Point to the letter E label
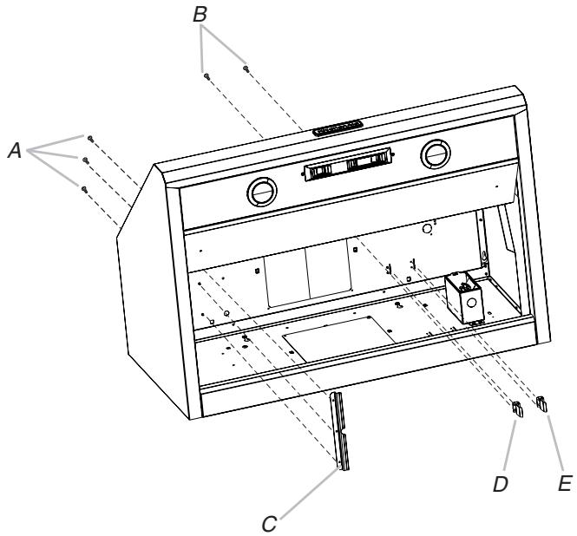click(x=565, y=481)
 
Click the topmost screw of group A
click(x=89, y=138)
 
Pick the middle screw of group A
click(x=85, y=160)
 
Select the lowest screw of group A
click(x=83, y=187)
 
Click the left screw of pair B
click(x=207, y=76)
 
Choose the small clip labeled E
click(x=543, y=402)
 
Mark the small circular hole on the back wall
click(x=426, y=230)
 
